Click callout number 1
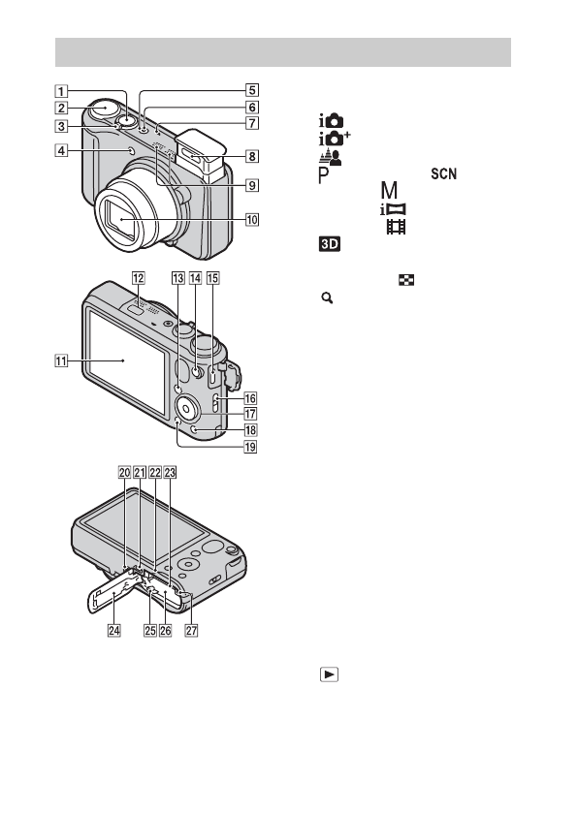point(61,91)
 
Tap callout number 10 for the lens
point(252,220)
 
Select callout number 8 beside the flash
point(252,156)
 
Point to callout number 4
point(61,150)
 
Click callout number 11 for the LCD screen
point(61,360)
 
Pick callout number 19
point(250,447)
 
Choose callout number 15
point(213,278)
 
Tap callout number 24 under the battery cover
point(113,630)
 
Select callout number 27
point(192,630)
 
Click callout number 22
point(155,473)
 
